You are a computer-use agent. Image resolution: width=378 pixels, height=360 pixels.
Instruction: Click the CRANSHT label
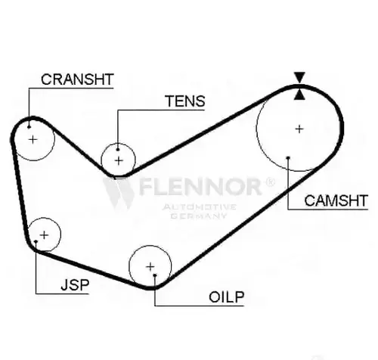click(77, 79)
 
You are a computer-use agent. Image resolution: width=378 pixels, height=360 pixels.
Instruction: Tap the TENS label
click(185, 101)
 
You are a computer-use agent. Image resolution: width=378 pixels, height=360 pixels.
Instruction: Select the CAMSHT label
click(336, 200)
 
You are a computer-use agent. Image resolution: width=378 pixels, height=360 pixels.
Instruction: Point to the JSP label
click(75, 285)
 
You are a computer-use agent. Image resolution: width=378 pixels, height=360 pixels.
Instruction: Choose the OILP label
click(227, 297)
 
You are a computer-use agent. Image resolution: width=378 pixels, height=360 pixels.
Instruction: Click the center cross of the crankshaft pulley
click(33, 139)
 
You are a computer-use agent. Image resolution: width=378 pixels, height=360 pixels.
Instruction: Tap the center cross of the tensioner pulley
click(119, 160)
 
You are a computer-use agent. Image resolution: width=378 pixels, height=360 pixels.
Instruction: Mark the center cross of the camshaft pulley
click(299, 129)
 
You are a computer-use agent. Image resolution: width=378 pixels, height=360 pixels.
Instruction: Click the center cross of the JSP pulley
click(44, 235)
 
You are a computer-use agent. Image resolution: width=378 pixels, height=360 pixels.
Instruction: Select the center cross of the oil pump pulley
click(150, 267)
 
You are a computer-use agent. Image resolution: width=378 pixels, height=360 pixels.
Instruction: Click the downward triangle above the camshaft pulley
click(299, 76)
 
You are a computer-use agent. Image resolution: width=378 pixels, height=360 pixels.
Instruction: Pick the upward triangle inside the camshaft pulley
click(299, 95)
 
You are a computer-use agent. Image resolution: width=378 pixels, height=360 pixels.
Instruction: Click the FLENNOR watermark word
click(200, 187)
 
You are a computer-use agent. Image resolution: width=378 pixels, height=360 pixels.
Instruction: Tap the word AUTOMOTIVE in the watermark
click(199, 207)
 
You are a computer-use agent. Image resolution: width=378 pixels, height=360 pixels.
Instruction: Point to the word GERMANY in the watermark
click(199, 216)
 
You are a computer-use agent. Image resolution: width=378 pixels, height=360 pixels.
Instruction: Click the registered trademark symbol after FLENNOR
click(270, 182)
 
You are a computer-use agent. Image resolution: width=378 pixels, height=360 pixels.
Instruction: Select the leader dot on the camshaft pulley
click(288, 158)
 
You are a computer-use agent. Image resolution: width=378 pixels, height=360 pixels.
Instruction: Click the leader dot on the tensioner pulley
click(118, 150)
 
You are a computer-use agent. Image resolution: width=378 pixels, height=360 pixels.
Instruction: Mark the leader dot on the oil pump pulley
click(155, 275)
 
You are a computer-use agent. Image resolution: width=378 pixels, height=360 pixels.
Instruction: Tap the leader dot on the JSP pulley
click(36, 241)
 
